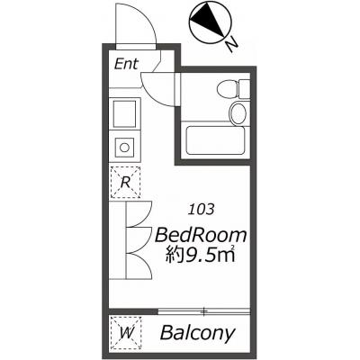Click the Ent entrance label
pyautogui.click(x=126, y=64)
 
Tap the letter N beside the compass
pyautogui.click(x=231, y=46)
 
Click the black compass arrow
pyautogui.click(x=209, y=21)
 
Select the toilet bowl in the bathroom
pyautogui.click(x=228, y=88)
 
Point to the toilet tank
pyautogui.click(x=245, y=88)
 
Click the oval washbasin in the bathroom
pyautogui.click(x=239, y=112)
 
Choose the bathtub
pyautogui.click(x=215, y=140)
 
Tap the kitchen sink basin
pyautogui.click(x=124, y=114)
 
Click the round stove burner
pyautogui.click(x=124, y=148)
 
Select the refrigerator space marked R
pyautogui.click(x=125, y=182)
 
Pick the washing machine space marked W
pyautogui.click(x=126, y=332)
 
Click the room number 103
pyautogui.click(x=201, y=210)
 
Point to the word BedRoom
pyautogui.click(x=201, y=235)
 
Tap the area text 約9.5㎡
pyautogui.click(x=201, y=255)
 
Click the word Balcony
pyautogui.click(x=197, y=333)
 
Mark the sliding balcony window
pyautogui.click(x=203, y=311)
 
